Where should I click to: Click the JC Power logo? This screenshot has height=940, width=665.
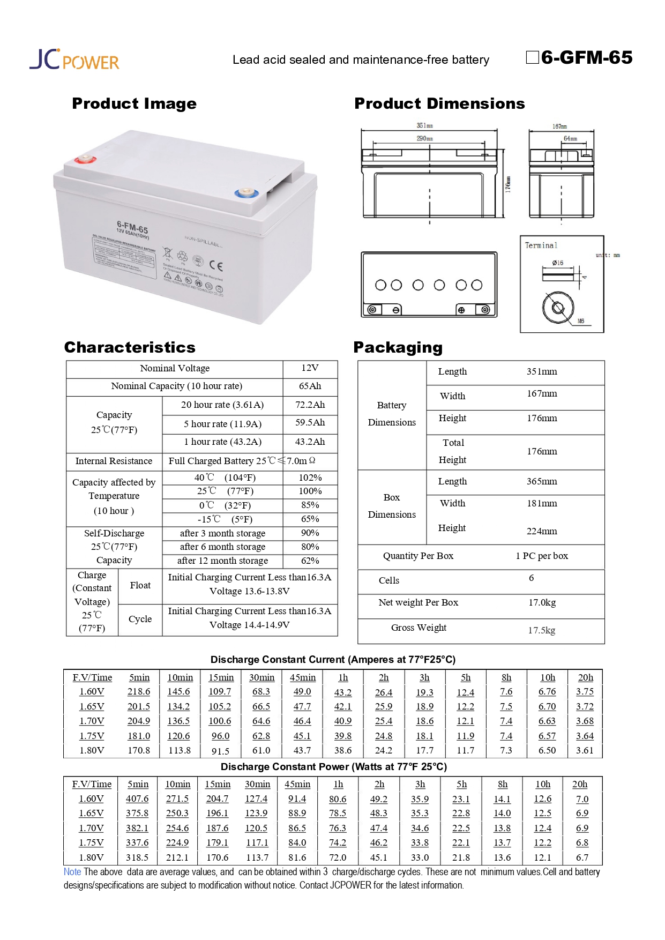(x=74, y=59)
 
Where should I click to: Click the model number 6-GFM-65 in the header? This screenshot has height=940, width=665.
(x=586, y=57)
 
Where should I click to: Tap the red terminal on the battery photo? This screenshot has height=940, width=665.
(x=84, y=159)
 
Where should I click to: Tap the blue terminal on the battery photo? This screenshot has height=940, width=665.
(x=246, y=192)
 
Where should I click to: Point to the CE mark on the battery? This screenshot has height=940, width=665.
(x=216, y=265)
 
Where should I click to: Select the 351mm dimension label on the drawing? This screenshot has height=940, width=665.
(x=424, y=125)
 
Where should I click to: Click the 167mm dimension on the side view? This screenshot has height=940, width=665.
(x=559, y=126)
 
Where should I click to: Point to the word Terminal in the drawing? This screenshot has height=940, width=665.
(x=541, y=245)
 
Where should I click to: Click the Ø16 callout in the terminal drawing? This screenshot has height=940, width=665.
(x=557, y=263)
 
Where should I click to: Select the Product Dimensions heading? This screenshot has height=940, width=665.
(x=439, y=103)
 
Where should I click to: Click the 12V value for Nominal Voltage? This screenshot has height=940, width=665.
(x=310, y=368)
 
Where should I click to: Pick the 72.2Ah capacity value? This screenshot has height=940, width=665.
(x=310, y=405)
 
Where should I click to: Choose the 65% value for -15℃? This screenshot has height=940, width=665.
(x=310, y=519)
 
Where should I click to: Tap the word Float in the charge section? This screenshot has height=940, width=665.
(x=140, y=585)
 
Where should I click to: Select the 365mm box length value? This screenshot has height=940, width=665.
(x=541, y=481)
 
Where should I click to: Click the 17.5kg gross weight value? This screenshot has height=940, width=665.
(x=541, y=630)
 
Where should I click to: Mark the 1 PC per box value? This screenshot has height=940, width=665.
(x=541, y=556)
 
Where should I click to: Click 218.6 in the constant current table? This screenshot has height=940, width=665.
(x=139, y=692)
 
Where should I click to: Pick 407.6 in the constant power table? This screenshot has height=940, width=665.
(x=137, y=799)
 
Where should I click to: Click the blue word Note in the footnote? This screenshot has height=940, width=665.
(x=72, y=872)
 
